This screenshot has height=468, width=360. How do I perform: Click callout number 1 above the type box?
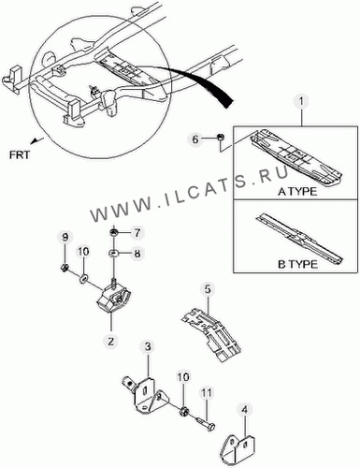pyautogui.click(x=301, y=102)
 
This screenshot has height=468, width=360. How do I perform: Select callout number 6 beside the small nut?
pyautogui.click(x=195, y=139)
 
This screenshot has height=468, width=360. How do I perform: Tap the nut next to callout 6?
pyautogui.click(x=220, y=137)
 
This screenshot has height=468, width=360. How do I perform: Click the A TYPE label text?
pyautogui.click(x=297, y=191)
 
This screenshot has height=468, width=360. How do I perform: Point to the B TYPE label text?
pyautogui.click(x=297, y=264)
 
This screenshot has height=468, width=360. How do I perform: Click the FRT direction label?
pyautogui.click(x=20, y=154)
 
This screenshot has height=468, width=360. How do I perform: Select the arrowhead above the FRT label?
pyautogui.click(x=36, y=140)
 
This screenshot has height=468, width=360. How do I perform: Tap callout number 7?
pyautogui.click(x=137, y=233)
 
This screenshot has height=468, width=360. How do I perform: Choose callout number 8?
pyautogui.click(x=137, y=254)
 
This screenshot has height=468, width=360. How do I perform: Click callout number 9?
pyautogui.click(x=65, y=238)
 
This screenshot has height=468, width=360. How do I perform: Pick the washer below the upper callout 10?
pyautogui.click(x=83, y=279)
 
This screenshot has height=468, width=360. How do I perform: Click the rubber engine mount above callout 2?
pyautogui.click(x=114, y=299)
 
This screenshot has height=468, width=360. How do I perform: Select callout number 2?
pyautogui.click(x=111, y=340)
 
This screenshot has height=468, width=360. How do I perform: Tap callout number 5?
pyautogui.click(x=208, y=289)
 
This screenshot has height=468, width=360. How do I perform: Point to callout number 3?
pyautogui.click(x=148, y=346)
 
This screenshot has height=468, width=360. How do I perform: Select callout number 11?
pyautogui.click(x=206, y=393)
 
